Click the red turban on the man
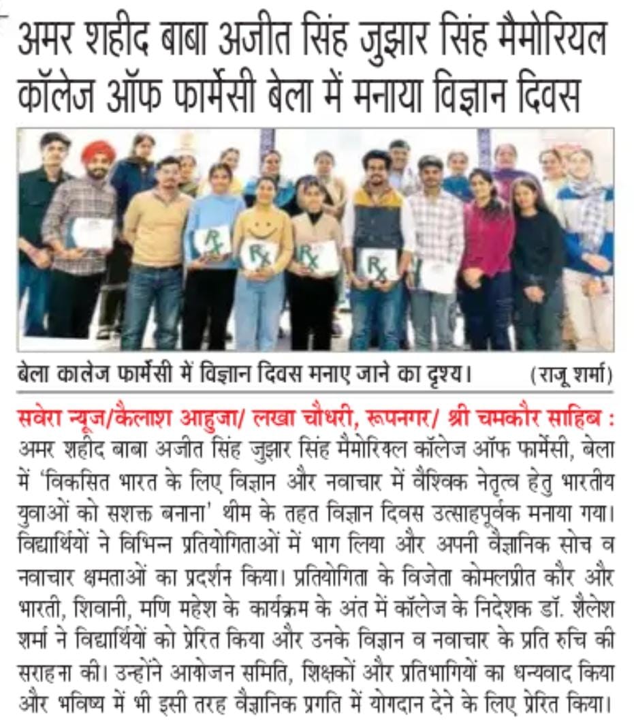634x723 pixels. coord(98,152)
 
